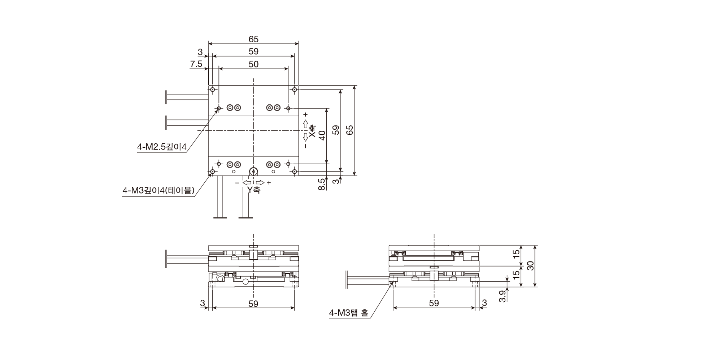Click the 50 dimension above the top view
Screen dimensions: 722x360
253,64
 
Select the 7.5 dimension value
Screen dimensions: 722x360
196,64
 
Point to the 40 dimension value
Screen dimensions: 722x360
322,135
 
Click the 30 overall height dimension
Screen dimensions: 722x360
530,266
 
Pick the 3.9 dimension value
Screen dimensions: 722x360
502,296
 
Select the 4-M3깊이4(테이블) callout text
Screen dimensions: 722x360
158,190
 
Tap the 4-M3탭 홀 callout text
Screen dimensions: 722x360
349,313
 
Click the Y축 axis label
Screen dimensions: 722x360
253,190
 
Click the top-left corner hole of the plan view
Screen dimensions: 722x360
213,89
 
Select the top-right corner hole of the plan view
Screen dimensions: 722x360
295,89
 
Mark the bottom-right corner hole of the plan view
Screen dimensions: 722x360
295,171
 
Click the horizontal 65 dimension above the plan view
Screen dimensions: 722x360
253,39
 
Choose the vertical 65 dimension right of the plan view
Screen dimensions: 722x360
349,130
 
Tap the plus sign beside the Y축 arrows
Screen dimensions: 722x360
269,183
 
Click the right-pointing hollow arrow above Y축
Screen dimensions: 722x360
260,182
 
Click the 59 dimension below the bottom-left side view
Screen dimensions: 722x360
253,304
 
